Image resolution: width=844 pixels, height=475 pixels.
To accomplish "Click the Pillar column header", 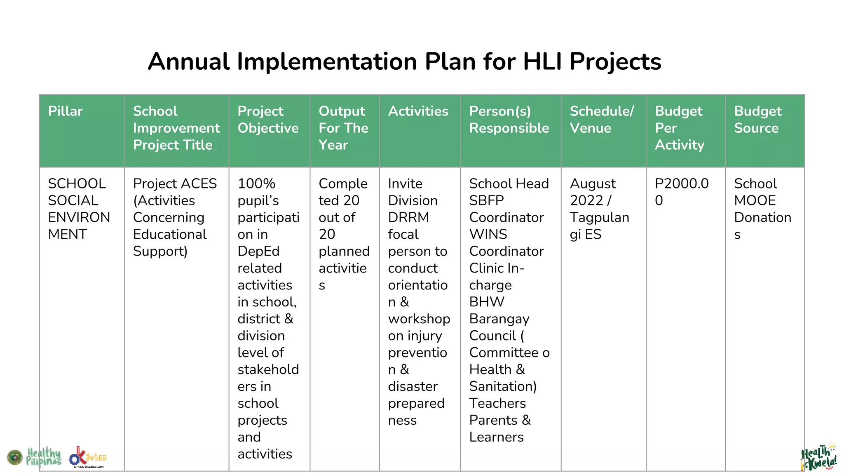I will coord(65,111).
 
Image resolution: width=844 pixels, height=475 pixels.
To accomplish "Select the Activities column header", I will coord(418,111).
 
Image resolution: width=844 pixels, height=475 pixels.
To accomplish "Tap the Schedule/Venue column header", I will coord(602,120).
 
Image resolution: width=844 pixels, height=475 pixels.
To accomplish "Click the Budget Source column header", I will coord(757,120).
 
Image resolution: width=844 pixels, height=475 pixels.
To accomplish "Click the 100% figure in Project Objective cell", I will coord(256,183).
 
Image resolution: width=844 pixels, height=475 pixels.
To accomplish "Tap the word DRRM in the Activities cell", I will coord(408,217).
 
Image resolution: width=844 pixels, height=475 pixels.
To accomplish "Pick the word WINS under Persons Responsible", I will coord(488,234).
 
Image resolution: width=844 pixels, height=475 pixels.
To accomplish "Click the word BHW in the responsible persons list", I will coord(487,302).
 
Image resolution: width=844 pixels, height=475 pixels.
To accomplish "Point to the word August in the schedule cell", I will coord(593,183).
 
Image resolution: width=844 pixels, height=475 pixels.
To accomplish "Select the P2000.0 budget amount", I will coord(682,183).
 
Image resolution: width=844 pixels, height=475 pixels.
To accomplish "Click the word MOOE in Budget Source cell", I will coord(755,200).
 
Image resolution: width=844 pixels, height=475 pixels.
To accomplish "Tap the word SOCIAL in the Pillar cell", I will coord(73,200).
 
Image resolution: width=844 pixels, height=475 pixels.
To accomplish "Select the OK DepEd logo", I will coord(87,457).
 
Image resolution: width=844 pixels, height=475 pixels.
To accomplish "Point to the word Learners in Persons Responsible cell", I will coord(496,437).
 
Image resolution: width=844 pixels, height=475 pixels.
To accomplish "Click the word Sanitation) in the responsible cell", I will coord(503,386).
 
